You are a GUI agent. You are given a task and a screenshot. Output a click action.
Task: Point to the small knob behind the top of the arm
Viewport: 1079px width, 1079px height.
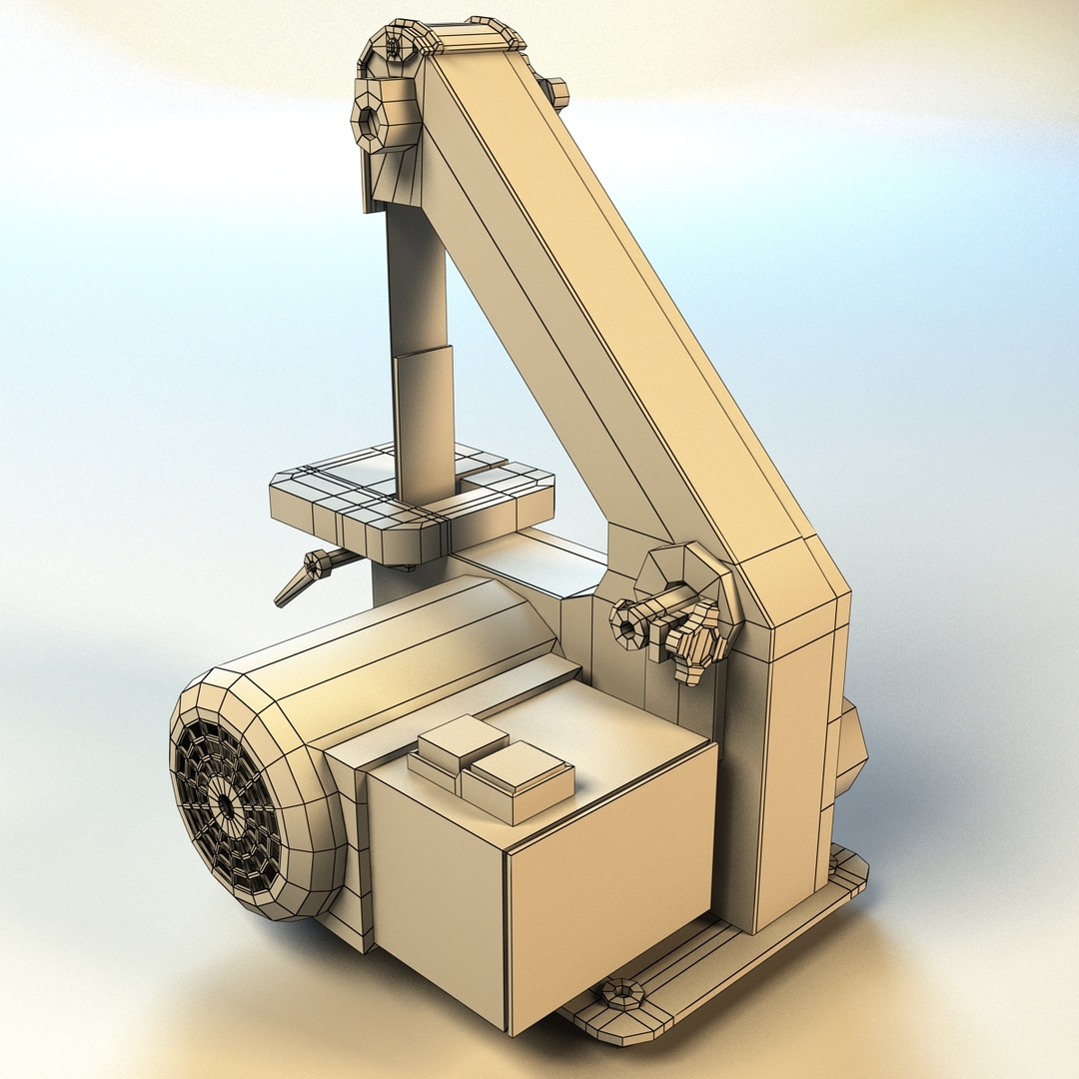tap(554, 92)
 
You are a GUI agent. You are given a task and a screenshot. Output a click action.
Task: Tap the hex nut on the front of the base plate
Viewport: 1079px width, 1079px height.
tap(621, 992)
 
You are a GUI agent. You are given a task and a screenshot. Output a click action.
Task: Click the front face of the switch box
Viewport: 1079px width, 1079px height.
tap(609, 879)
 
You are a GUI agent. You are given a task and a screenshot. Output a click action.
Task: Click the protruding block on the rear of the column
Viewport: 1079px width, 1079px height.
tap(849, 749)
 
